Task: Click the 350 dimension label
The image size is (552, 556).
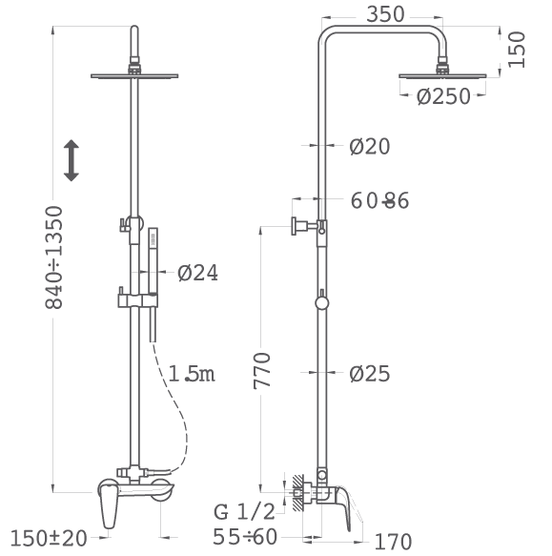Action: coord(385,14)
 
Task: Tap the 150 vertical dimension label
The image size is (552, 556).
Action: coord(516,50)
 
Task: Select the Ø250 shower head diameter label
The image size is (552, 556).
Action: coord(443,96)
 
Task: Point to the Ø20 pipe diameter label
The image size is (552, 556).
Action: coord(369,146)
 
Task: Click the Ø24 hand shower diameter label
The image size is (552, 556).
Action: coord(197,273)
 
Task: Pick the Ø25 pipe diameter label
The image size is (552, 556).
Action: coord(369,374)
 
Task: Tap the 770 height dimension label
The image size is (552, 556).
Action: coord(262,371)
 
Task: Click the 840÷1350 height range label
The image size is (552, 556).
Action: coord(54,257)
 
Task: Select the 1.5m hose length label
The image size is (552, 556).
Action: coord(192,374)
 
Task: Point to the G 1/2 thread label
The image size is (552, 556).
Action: coord(244,512)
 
